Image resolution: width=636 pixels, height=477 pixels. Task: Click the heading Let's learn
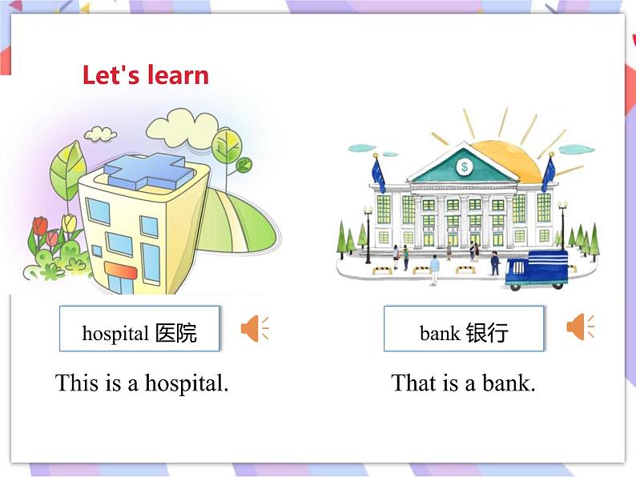145,75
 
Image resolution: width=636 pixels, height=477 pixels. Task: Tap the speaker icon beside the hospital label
253,328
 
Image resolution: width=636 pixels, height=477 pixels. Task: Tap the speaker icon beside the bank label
579,327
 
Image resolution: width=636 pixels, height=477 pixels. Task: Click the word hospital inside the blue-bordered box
115,333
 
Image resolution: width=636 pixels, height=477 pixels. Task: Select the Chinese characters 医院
176,333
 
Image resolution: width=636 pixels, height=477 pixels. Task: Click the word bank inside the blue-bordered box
439,333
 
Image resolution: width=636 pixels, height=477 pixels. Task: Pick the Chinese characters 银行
486,333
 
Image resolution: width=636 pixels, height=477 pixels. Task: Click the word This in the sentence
77,383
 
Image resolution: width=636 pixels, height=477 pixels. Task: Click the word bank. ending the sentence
509,383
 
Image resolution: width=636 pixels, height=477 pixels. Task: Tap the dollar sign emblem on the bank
464,166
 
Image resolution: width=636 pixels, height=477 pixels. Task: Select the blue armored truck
536,269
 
